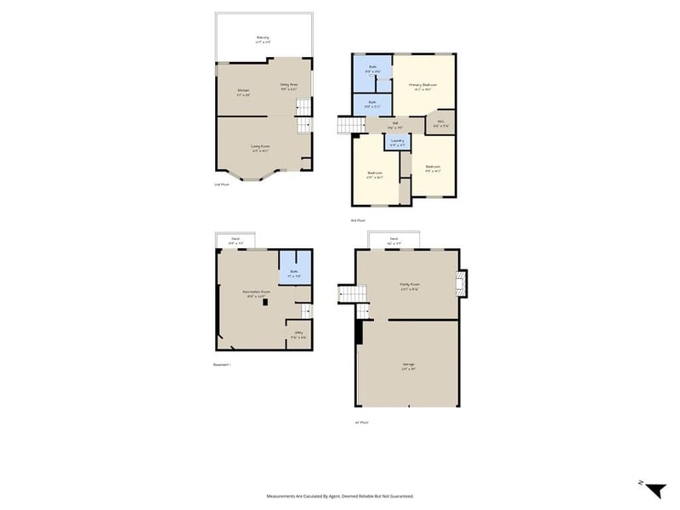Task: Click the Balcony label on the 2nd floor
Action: [x=263, y=37]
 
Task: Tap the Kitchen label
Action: [x=243, y=91]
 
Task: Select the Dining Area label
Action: [x=289, y=85]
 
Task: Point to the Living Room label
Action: [x=260, y=147]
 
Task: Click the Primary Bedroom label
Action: [x=422, y=85]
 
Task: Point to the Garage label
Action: [x=409, y=365]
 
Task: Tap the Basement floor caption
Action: [x=221, y=365]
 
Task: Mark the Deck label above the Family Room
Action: [x=394, y=239]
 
